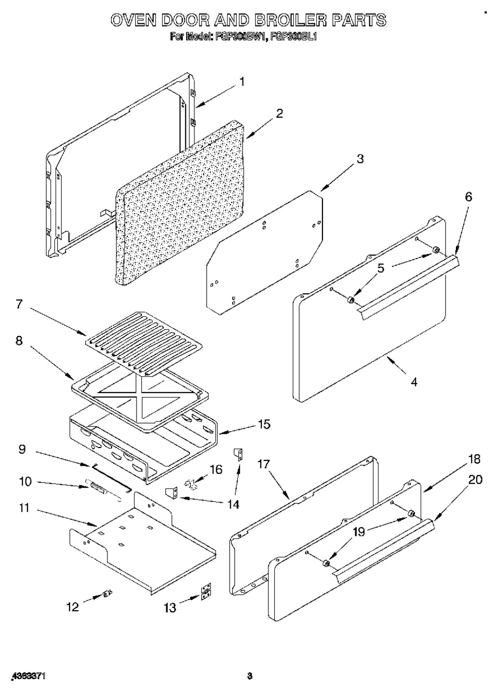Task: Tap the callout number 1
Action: click(242, 82)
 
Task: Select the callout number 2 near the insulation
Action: click(279, 114)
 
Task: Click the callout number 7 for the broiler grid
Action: click(19, 304)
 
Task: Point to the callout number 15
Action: click(264, 424)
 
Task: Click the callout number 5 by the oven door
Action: click(381, 268)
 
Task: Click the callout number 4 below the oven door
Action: click(413, 382)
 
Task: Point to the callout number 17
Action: click(264, 464)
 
